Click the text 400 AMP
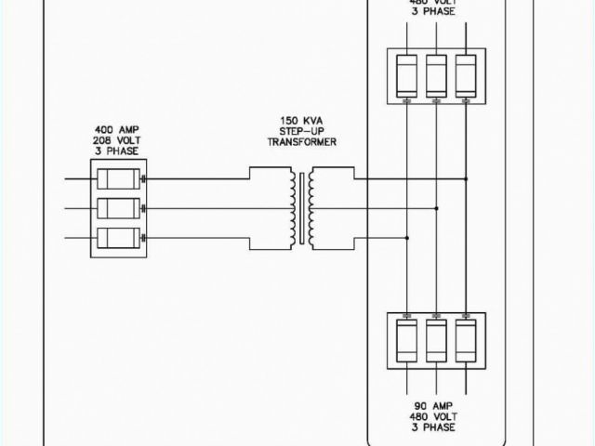[x=116, y=129]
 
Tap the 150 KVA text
[x=301, y=121]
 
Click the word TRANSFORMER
[x=301, y=141]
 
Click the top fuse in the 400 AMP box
[x=117, y=177]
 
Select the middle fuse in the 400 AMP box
[x=117, y=207]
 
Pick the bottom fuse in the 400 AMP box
[x=117, y=237]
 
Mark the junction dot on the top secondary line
[x=466, y=178]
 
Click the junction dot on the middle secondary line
[x=436, y=207]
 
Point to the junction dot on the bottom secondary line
[x=407, y=237]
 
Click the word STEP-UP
[x=301, y=131]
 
